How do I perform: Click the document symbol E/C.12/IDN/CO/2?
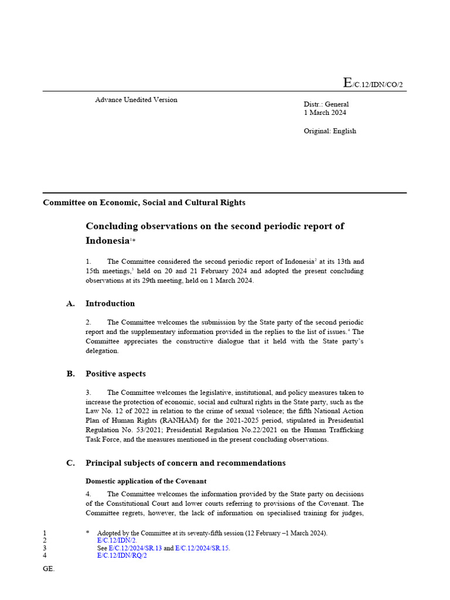coord(373,84)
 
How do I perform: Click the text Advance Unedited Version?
coord(136,100)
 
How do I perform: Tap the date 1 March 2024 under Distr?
coord(325,112)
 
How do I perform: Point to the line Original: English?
coord(329,131)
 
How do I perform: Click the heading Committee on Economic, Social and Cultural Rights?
coord(144,203)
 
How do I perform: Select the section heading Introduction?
coord(110,304)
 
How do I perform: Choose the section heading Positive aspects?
coord(115,374)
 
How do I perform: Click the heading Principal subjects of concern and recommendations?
coord(185,463)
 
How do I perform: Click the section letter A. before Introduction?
coord(71,304)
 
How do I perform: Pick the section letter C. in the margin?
coord(71,463)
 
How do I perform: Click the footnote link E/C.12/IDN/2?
coord(117,541)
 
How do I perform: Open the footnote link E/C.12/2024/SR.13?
coord(135,548)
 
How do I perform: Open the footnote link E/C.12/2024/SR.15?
coord(202,548)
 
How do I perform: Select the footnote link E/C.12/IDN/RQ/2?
coord(121,556)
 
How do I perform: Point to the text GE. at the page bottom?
coord(49,569)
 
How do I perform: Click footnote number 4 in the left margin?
coord(45,556)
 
